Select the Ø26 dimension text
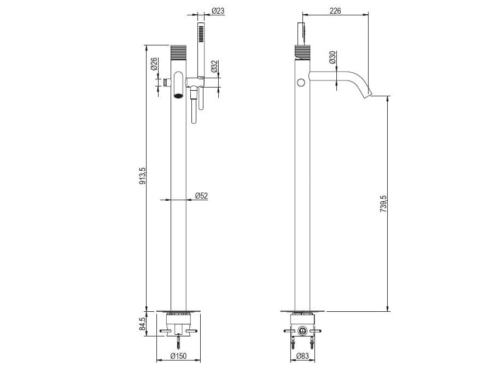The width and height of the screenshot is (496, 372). (x=154, y=65)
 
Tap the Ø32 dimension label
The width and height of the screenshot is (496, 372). (x=214, y=67)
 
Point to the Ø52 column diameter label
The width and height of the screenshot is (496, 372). (x=201, y=195)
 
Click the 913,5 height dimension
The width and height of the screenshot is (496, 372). (x=142, y=176)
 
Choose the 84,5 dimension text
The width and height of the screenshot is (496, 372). (x=142, y=324)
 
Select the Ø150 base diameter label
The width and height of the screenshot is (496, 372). (x=178, y=356)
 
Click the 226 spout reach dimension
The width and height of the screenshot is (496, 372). (x=335, y=10)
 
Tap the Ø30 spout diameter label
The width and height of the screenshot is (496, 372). (x=332, y=58)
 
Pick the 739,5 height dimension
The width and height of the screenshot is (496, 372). (x=383, y=205)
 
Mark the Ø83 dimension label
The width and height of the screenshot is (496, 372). (x=302, y=356)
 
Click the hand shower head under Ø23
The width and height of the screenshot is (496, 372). (x=201, y=34)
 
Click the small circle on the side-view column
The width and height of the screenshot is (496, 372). (x=300, y=83)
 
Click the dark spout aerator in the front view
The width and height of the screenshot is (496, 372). (x=178, y=96)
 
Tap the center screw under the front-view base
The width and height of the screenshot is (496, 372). (x=178, y=342)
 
